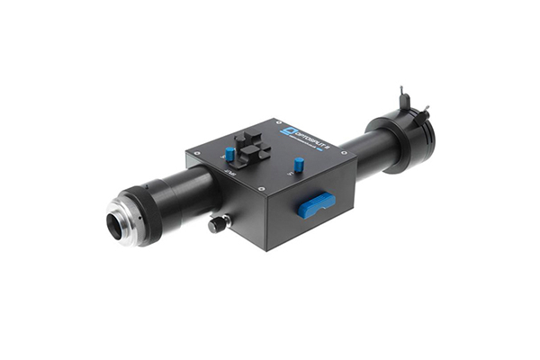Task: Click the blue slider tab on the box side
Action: coord(317,204)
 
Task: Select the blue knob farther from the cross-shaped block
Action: coord(299,166)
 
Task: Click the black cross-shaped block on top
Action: coord(251,147)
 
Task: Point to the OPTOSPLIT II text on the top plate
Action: coord(311,134)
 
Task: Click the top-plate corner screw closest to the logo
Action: coord(271,121)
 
